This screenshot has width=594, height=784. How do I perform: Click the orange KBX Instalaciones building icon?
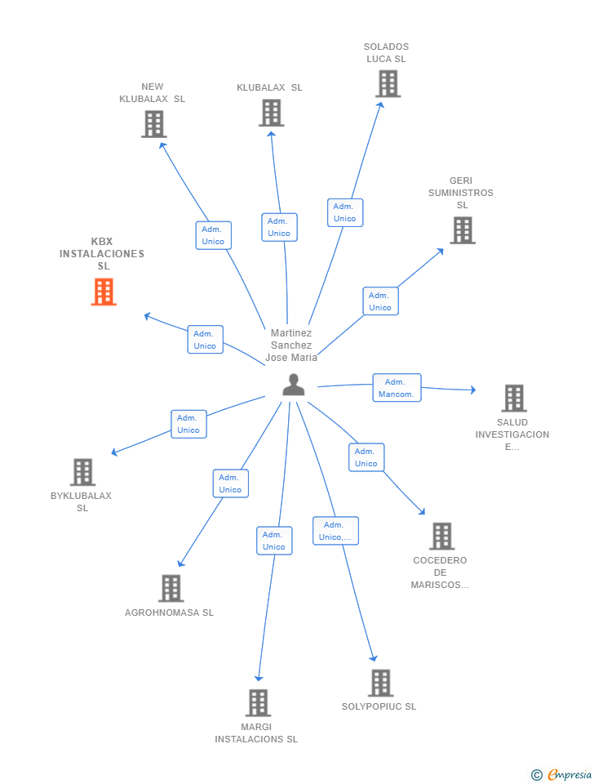(104, 292)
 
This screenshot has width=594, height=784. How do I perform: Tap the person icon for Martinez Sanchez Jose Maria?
(293, 385)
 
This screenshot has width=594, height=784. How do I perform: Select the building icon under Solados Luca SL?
(388, 83)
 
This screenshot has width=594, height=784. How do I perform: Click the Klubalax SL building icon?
(271, 113)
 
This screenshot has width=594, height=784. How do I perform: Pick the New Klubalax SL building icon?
(153, 123)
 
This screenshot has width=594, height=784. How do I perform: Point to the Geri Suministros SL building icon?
(463, 230)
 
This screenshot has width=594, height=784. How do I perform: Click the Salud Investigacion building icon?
(513, 399)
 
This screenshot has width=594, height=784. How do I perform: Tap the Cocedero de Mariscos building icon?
(441, 537)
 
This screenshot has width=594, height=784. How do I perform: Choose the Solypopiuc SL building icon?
(380, 683)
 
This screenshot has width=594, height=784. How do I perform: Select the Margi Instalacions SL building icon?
(258, 702)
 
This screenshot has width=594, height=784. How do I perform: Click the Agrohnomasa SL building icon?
(171, 588)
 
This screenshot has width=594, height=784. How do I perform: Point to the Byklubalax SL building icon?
(82, 472)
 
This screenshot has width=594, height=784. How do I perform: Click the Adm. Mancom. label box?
(397, 388)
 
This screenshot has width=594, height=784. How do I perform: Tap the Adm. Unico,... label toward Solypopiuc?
(335, 531)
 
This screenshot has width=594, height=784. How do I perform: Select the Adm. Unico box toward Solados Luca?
(345, 212)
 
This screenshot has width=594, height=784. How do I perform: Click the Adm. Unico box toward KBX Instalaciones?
(205, 340)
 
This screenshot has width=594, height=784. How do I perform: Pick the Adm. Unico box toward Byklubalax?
(188, 424)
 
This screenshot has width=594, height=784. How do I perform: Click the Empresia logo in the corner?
(562, 774)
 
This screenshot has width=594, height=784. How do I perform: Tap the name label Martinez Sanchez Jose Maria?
(291, 345)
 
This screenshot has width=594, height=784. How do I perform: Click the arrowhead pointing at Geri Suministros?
(441, 251)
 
